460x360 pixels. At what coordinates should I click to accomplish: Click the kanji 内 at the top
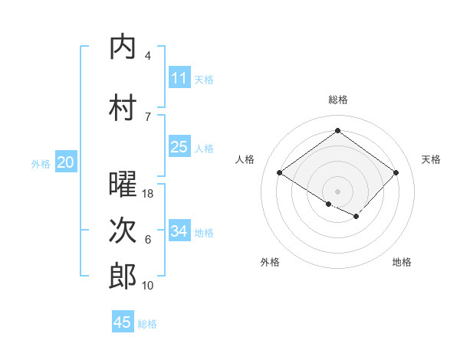pyautogui.click(x=123, y=47)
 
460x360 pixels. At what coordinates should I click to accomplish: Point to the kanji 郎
pyautogui.click(x=123, y=277)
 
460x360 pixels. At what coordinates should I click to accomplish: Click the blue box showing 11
pyautogui.click(x=179, y=78)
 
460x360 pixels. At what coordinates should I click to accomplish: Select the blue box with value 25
pyautogui.click(x=179, y=147)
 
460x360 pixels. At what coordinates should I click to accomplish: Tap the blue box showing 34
pyautogui.click(x=179, y=231)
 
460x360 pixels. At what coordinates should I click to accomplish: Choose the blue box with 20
pyautogui.click(x=65, y=162)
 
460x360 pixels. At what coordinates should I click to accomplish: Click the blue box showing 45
pyautogui.click(x=123, y=322)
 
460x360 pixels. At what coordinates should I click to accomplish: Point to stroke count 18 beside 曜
pyautogui.click(x=149, y=194)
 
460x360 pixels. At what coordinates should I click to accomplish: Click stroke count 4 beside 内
pyautogui.click(x=148, y=56)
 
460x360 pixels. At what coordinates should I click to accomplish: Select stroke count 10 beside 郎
pyautogui.click(x=149, y=286)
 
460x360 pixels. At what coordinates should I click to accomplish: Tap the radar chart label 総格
pyautogui.click(x=337, y=100)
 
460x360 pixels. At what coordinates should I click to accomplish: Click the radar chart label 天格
pyautogui.click(x=432, y=159)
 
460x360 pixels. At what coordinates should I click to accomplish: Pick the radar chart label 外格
pyautogui.click(x=270, y=262)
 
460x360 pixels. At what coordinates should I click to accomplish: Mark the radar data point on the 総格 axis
pyautogui.click(x=337, y=130)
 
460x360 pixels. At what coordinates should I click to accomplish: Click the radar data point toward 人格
pyautogui.click(x=280, y=173)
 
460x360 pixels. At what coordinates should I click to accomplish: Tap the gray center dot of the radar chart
pyautogui.click(x=337, y=191)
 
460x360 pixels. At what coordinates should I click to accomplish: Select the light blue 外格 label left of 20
pyautogui.click(x=41, y=163)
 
